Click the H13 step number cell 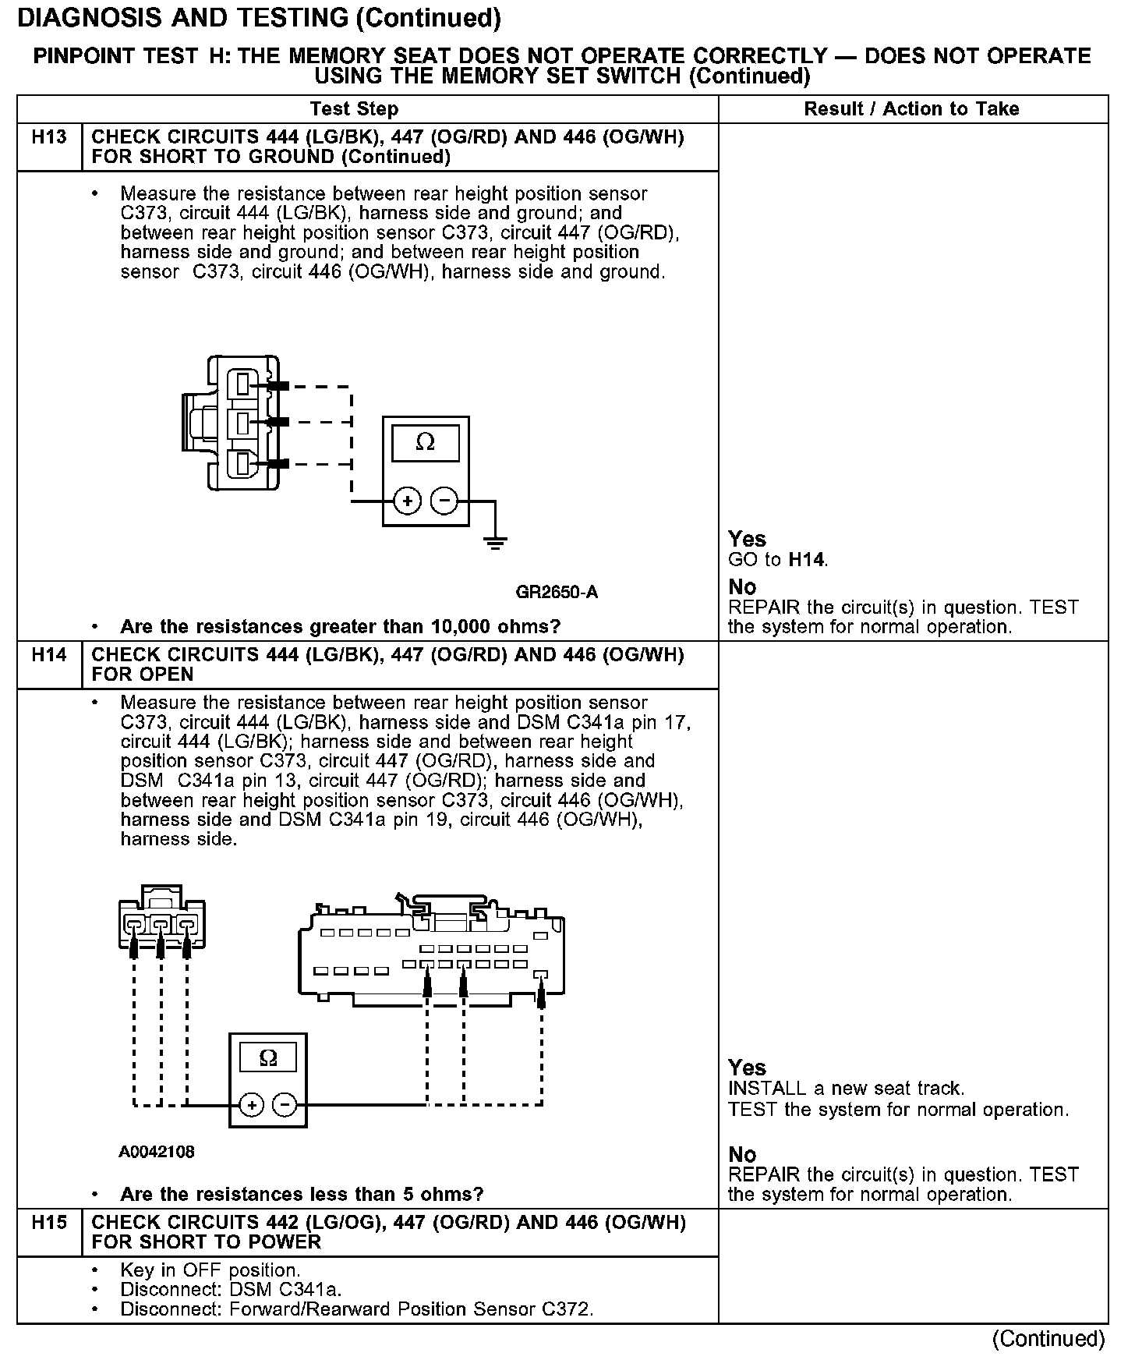(49, 138)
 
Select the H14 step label (49, 655)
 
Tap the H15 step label (49, 1223)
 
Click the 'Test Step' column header (354, 109)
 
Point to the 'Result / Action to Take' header (911, 109)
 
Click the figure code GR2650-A (557, 592)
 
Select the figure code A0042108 (157, 1152)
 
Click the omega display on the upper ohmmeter (425, 442)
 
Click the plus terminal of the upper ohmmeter (408, 501)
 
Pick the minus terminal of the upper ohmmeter (444, 501)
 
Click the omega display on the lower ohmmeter (267, 1058)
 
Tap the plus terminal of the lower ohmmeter (251, 1105)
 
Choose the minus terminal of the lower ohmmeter (285, 1105)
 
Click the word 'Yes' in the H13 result (747, 539)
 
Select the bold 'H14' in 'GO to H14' (807, 559)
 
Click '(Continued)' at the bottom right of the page (1048, 1339)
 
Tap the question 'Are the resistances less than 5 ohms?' (302, 1195)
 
